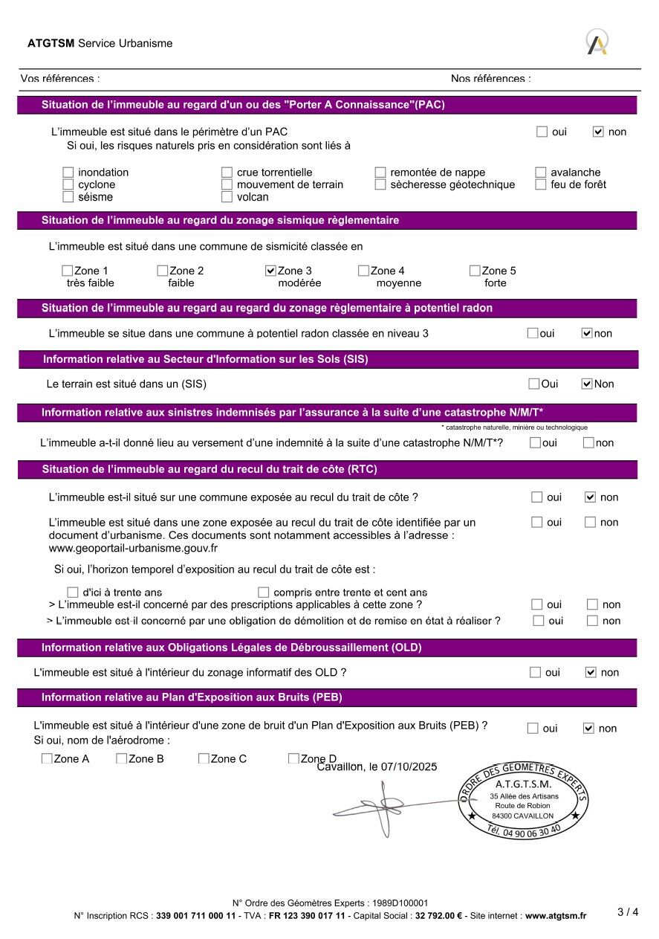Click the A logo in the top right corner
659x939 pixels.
tap(597, 42)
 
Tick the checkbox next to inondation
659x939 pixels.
tap(68, 172)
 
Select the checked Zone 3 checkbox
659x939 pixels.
tap(270, 271)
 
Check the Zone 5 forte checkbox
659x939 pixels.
tap(475, 271)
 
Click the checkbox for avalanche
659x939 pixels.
tap(541, 172)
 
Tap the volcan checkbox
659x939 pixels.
tap(227, 197)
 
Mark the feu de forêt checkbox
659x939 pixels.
tap(541, 184)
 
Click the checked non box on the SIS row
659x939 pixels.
tap(587, 384)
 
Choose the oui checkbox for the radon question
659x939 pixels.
tap(533, 333)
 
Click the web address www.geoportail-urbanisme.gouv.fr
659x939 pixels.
tap(133, 548)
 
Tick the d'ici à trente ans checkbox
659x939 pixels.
tap(73, 593)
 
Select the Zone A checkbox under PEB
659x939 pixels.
tap(47, 759)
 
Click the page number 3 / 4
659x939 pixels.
tap(628, 911)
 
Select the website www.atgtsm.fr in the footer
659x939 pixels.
tap(556, 916)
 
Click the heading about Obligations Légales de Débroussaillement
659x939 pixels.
tap(231, 648)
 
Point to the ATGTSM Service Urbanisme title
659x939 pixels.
tap(100, 43)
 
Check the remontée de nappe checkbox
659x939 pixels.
tap(380, 172)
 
